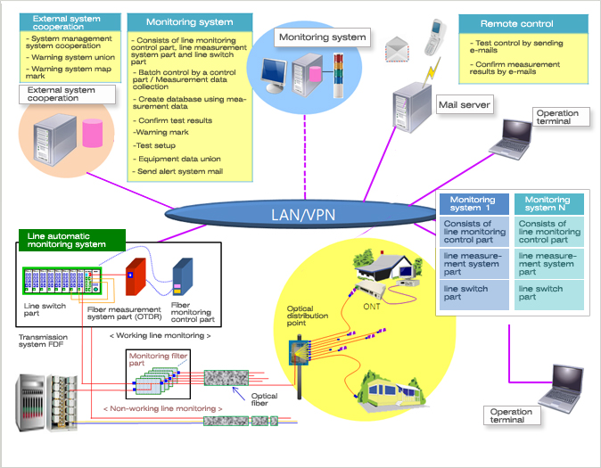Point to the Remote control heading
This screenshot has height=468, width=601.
(x=517, y=23)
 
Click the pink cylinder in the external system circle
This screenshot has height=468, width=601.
(x=92, y=134)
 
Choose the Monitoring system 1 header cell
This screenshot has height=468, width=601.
(x=473, y=205)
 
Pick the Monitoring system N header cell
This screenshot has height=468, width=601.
(x=547, y=205)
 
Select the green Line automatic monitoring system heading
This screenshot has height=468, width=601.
(x=70, y=239)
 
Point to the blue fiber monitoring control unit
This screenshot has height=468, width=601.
(x=183, y=277)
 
